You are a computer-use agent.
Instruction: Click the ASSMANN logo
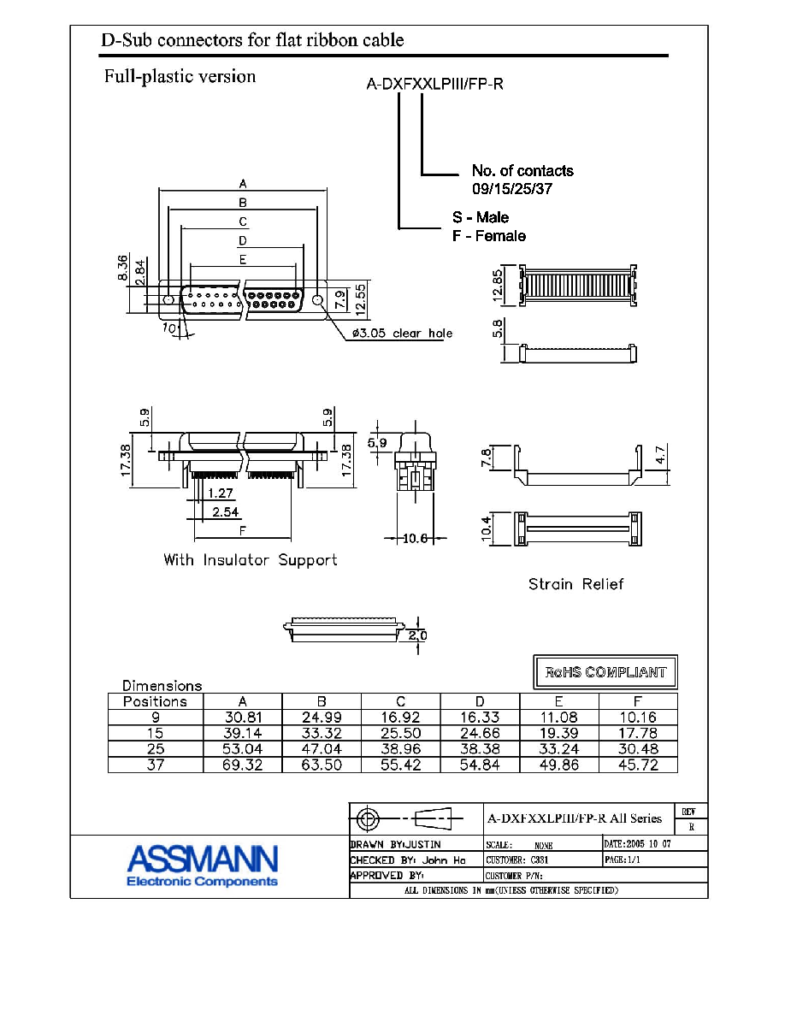coord(202,865)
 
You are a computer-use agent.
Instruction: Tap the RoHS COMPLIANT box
coord(605,672)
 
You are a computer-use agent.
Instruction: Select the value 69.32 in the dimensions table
coord(243,765)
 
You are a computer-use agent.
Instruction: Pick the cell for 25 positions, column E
coord(559,749)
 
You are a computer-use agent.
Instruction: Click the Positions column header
coord(155,701)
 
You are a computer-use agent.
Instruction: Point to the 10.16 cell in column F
coord(638,718)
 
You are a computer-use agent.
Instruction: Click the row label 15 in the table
coord(156,733)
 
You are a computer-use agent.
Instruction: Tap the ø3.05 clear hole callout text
coord(402,333)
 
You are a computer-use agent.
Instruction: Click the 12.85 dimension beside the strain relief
coord(498,285)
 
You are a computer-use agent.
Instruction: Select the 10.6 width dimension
coord(416,538)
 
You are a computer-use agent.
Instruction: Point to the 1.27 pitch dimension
coord(221,493)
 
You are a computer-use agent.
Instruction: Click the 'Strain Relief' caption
coord(575,584)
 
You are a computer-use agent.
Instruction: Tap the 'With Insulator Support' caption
coord(250,560)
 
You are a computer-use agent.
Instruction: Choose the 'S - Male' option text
coord(481,217)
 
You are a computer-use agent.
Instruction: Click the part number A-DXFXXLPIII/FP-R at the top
coord(434,84)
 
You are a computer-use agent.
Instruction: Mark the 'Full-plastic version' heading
coord(180,76)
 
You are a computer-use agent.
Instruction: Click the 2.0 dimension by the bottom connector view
coord(418,635)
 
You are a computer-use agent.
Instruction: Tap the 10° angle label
coord(170,328)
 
